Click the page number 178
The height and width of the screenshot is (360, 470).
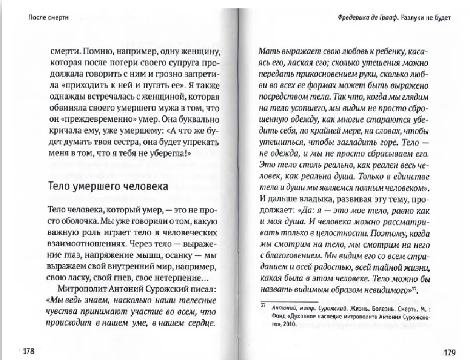click(x=26, y=350)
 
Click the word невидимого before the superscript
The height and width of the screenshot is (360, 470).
click(x=385, y=290)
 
